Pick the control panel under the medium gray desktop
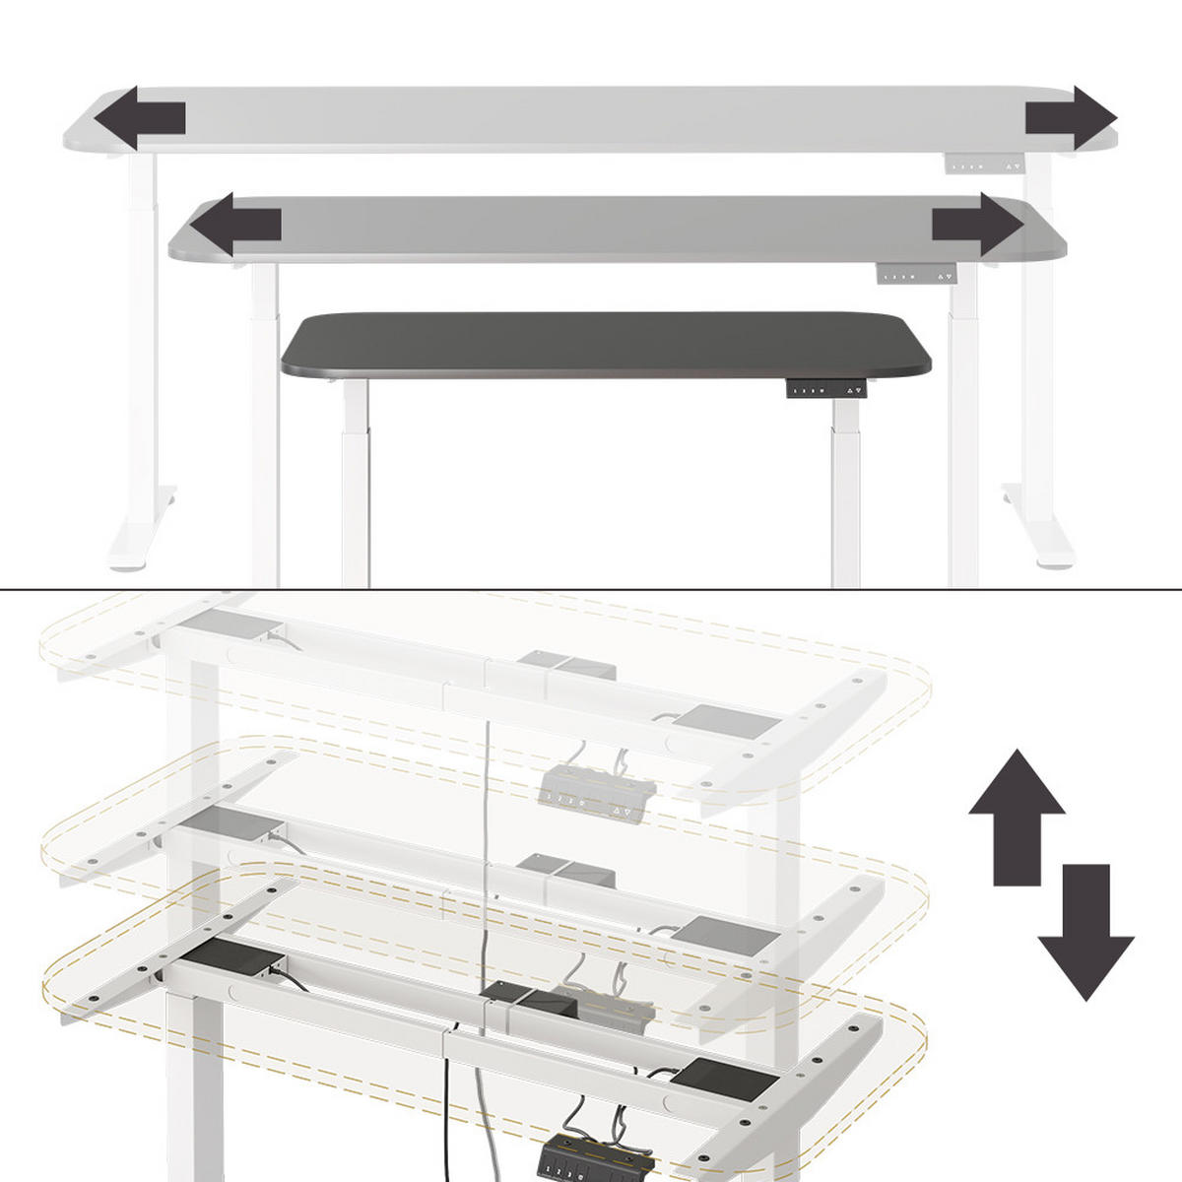point(917,275)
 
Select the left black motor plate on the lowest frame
point(236,956)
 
